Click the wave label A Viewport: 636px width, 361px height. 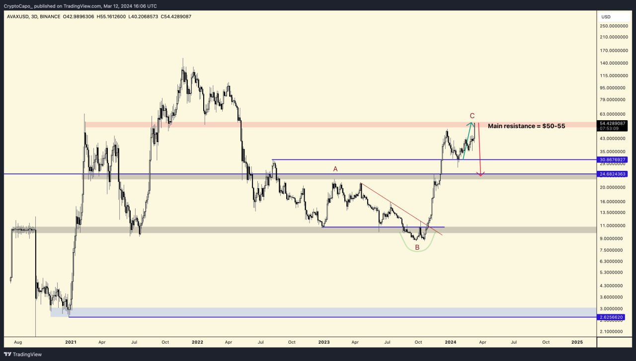335,169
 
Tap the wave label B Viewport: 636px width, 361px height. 417,247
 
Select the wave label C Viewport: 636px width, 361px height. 472,116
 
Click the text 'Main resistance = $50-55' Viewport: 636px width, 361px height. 526,126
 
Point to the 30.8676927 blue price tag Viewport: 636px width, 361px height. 613,160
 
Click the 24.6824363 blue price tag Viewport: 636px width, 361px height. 613,174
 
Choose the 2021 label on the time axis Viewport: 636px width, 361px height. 71,342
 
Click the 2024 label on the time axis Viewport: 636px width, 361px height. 451,342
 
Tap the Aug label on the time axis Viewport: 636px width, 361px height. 18,342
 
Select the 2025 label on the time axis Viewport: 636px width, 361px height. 577,342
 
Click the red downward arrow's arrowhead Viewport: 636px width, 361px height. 480,174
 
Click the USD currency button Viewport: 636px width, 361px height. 606,16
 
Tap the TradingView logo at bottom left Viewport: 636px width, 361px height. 23,354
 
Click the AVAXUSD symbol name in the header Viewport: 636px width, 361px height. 18,16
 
